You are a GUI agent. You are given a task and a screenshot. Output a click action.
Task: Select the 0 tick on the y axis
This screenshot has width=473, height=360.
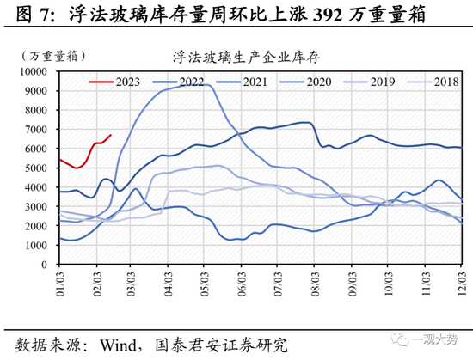coord(50,265)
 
